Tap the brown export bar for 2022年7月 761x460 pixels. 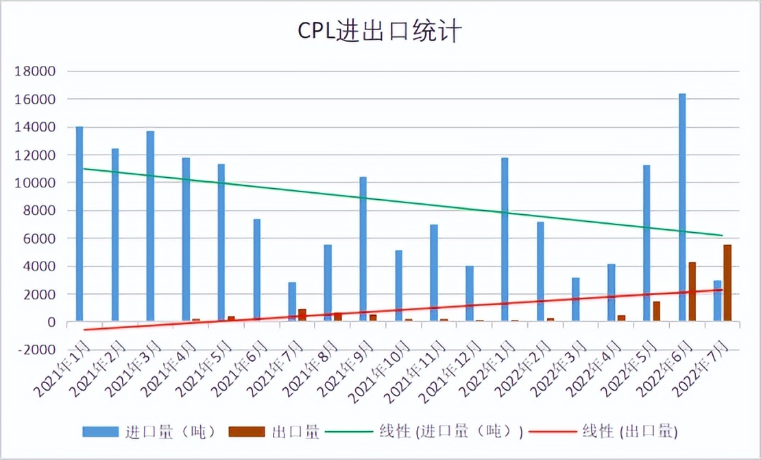tap(727, 283)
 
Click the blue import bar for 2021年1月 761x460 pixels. tap(80, 224)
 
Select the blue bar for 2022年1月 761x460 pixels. tap(505, 240)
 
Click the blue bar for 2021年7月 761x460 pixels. tap(292, 301)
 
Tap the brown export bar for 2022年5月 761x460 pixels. tap(657, 311)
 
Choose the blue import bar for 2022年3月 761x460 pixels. tap(576, 299)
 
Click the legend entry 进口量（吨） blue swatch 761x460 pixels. tap(101, 432)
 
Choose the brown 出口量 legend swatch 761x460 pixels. tap(247, 432)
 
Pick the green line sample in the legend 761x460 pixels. tap(347, 432)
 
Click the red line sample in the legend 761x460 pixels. tap(553, 432)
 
